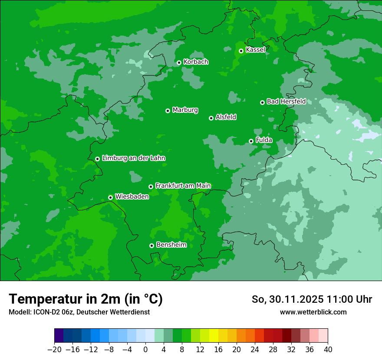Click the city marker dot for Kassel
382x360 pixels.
point(241,51)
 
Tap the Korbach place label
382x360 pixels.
point(196,62)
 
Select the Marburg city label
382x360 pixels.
point(185,110)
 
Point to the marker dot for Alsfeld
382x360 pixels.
point(211,118)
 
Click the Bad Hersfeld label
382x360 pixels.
point(286,101)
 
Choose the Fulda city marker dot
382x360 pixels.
point(251,141)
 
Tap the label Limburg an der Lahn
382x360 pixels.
point(133,158)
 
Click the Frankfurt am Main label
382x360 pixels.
point(183,186)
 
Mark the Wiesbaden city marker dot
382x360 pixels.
point(110,197)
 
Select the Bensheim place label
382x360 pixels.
point(171,245)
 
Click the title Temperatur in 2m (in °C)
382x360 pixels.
point(86,299)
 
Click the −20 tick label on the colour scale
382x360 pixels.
point(54,350)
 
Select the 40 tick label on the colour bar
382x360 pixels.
point(328,350)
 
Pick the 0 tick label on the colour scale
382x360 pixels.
point(145,350)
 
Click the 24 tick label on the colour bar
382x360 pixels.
point(255,350)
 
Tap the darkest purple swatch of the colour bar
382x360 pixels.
point(59,336)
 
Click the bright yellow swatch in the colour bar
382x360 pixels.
point(214,336)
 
